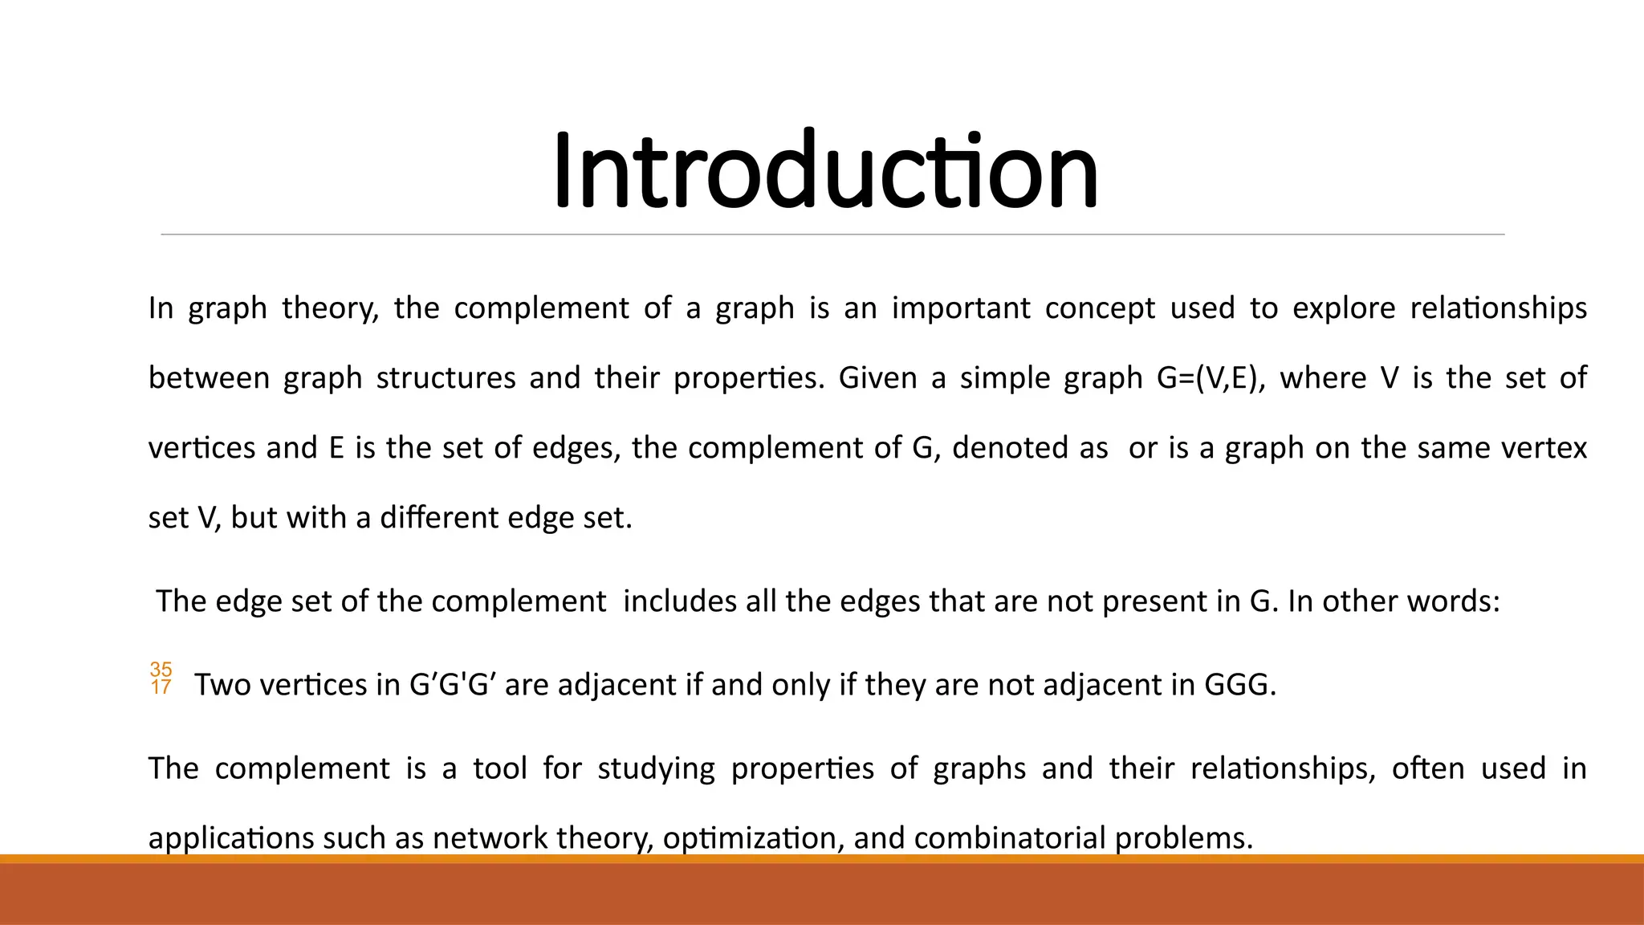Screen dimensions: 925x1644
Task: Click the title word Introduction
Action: tap(825, 172)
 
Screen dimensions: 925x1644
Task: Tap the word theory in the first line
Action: tap(329, 308)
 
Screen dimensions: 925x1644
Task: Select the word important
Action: tap(961, 308)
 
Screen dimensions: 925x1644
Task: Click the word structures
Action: tap(446, 378)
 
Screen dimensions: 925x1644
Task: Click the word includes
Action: tap(679, 601)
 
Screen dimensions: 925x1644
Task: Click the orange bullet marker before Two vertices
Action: tap(161, 678)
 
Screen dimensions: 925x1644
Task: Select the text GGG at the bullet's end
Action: tap(1236, 685)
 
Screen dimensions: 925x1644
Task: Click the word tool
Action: tap(499, 769)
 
